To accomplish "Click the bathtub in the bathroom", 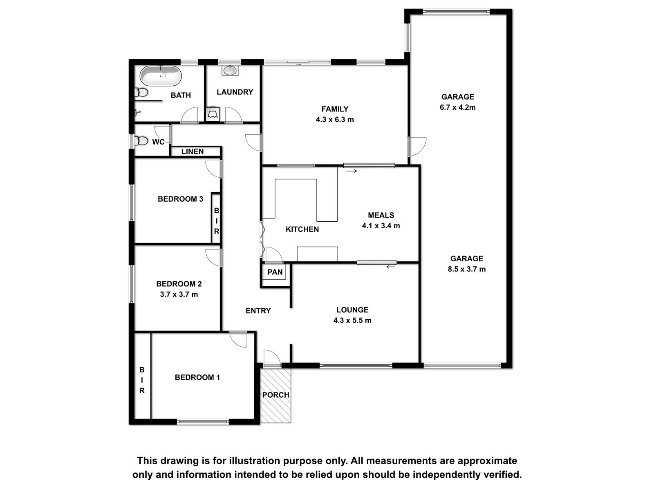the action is [x=160, y=76].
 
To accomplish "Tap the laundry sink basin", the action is [x=230, y=71].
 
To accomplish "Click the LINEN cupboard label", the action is [x=193, y=151].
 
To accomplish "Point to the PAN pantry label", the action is [x=275, y=272].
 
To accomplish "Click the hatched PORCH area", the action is [x=275, y=395].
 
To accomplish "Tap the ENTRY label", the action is [x=258, y=311].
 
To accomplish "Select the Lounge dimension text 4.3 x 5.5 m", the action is [x=352, y=321].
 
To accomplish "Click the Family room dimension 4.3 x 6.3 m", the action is [x=335, y=120].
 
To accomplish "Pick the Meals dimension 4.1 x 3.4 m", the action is [x=381, y=226].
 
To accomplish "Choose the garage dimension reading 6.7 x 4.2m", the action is [x=458, y=107].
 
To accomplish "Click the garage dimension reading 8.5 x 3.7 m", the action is [x=467, y=269].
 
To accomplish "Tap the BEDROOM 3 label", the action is [x=180, y=199].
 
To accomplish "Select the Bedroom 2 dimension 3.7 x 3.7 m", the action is [x=179, y=294].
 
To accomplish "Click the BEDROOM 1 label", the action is [x=197, y=378].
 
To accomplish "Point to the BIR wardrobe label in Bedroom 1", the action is [x=142, y=380].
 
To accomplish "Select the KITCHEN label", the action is [x=302, y=229].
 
